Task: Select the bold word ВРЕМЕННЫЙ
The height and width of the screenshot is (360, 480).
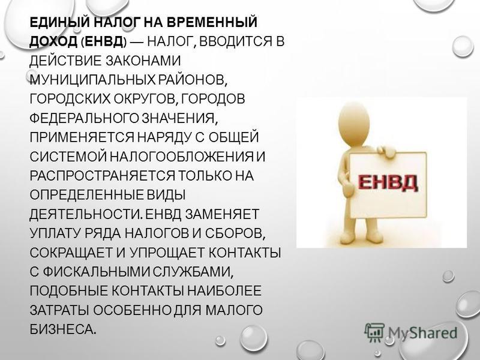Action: [x=212, y=23]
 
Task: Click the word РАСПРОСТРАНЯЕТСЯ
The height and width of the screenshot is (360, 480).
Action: [x=102, y=176]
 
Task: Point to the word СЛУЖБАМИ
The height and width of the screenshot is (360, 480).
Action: [x=193, y=272]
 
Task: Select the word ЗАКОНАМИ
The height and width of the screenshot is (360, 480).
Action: [x=143, y=61]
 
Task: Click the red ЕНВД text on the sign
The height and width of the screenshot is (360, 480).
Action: [x=388, y=182]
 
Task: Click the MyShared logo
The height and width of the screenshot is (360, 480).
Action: [x=411, y=332]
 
